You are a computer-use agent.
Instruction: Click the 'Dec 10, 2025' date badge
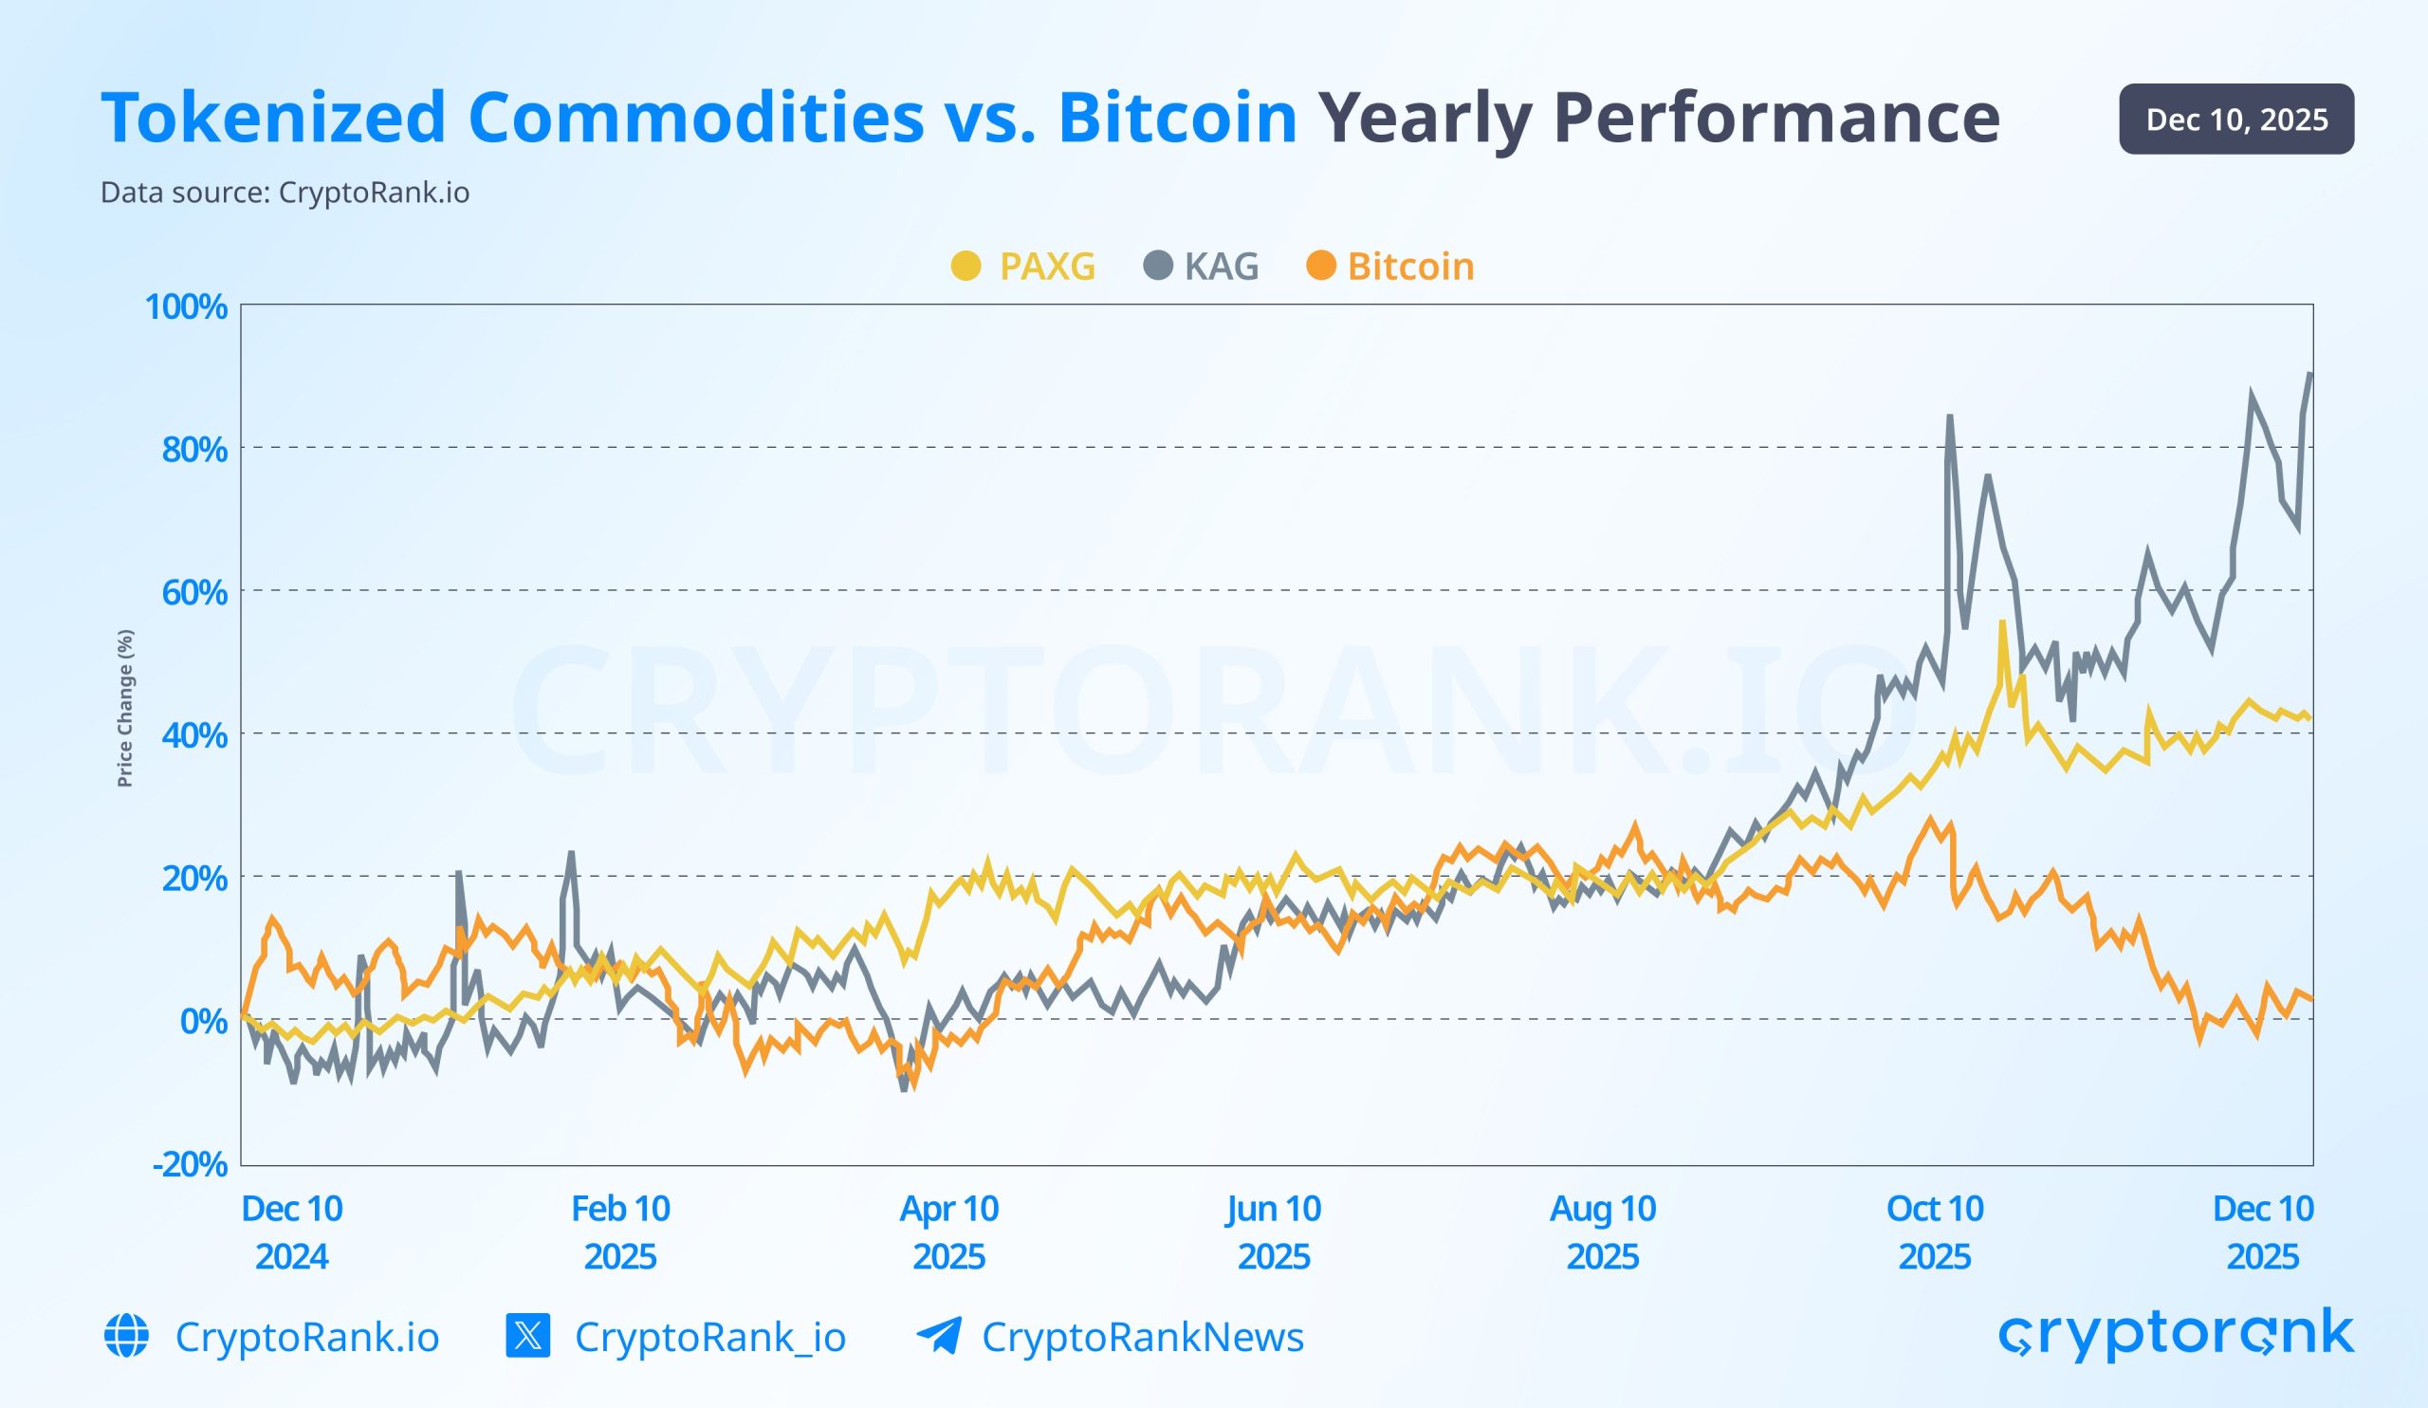[2235, 119]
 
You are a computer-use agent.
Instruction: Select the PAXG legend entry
[1023, 266]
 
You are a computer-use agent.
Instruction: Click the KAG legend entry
[1202, 266]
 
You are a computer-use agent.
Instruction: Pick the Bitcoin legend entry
[1390, 266]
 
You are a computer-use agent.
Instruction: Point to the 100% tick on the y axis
[186, 306]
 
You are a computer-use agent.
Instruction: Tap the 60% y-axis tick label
[193, 592]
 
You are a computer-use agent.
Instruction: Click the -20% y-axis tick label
[190, 1163]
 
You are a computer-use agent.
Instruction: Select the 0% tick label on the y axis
[203, 1021]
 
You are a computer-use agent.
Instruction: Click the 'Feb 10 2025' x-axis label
[619, 1232]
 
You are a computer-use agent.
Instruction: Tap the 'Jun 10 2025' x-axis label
[1273, 1232]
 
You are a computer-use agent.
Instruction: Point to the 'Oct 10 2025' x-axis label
[1934, 1232]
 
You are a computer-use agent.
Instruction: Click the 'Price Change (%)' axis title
[124, 709]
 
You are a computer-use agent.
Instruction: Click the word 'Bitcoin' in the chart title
[1177, 118]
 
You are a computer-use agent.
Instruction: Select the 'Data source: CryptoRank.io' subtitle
[285, 193]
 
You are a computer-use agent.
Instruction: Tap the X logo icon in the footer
[528, 1336]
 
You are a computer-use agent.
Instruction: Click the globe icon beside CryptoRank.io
[126, 1336]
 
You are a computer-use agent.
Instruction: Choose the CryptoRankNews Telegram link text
[1142, 1337]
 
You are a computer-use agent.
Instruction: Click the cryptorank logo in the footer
[2176, 1335]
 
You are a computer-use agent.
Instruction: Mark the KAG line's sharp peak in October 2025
[1949, 417]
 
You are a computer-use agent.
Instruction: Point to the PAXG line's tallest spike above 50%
[2002, 623]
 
